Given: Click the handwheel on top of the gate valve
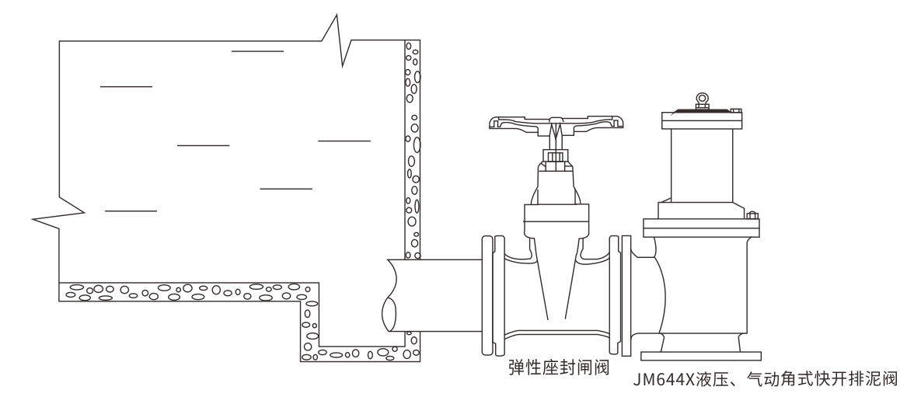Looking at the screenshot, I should (556, 122).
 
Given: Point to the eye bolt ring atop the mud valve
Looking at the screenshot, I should (703, 99).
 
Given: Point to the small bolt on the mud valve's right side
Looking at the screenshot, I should (752, 214).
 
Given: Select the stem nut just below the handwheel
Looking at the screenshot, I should (554, 158).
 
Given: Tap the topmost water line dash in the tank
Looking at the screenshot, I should (257, 50).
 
